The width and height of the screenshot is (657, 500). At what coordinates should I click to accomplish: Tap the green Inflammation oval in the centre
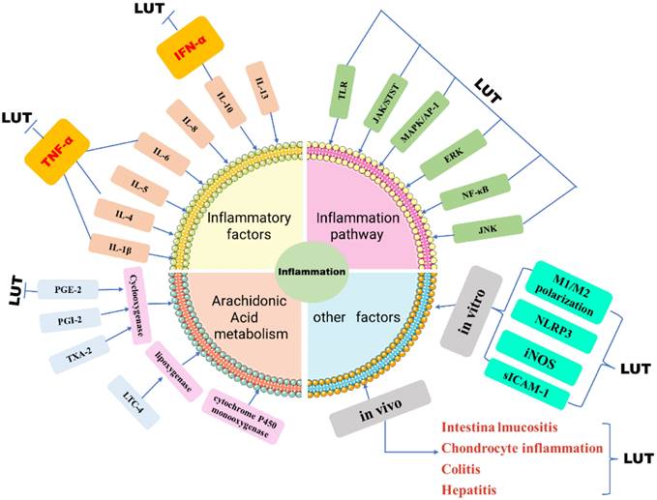[307, 270]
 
